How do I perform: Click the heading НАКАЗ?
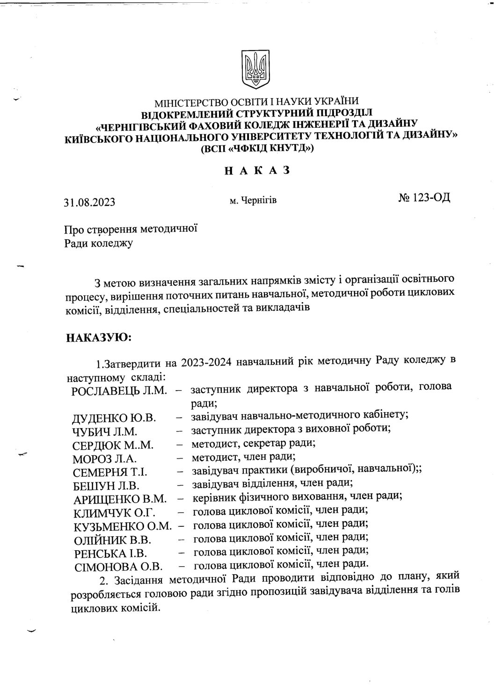[257, 171]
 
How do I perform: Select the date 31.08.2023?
[90, 203]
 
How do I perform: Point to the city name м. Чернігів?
[253, 201]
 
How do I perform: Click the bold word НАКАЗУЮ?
[99, 338]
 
